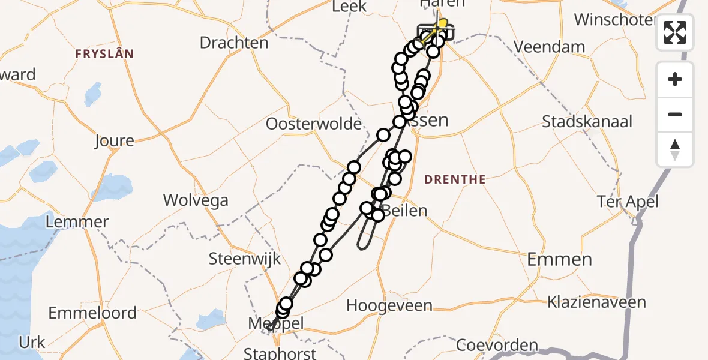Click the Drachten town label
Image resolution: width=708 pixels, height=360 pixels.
[x=233, y=43]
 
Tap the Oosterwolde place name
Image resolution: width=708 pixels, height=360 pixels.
[x=315, y=124]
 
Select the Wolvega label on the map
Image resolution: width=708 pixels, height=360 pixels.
[x=196, y=200]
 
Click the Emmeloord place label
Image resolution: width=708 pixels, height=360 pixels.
[x=92, y=313]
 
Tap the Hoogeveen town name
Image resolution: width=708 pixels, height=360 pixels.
[x=389, y=305]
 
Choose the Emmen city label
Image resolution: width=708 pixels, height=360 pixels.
[x=559, y=259]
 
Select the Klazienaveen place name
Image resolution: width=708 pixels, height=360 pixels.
[x=596, y=302]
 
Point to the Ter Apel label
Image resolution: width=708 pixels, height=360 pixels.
[x=628, y=202]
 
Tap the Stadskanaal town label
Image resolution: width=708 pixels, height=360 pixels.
[x=587, y=122]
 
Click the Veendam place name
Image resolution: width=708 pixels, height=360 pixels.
[x=550, y=47]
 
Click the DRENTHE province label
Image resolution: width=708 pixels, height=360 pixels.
[x=455, y=179]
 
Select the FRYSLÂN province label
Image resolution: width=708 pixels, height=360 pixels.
[x=104, y=54]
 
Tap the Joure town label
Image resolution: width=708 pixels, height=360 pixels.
[x=114, y=141]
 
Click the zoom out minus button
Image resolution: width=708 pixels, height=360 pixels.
[x=675, y=115]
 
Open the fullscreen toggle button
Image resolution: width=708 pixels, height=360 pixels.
[x=675, y=32]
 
